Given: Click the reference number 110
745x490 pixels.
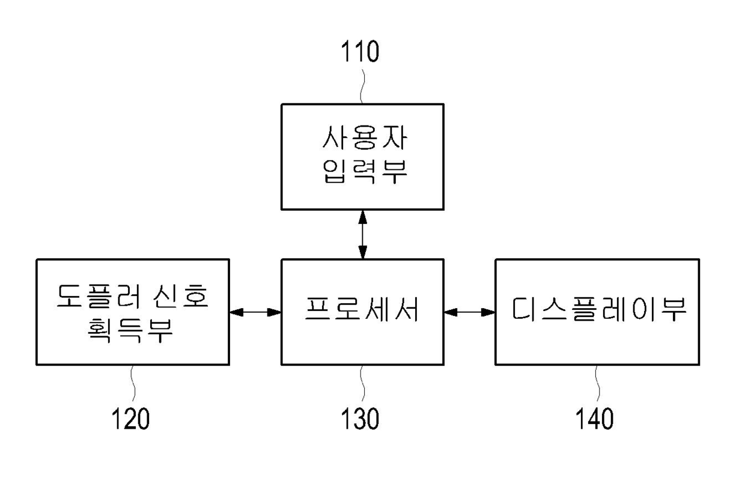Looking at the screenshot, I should point(360,52).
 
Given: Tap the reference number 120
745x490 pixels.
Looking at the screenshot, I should point(130,419).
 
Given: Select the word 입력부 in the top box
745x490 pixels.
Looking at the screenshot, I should point(362,174).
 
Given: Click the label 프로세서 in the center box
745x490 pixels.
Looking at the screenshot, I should point(362,311).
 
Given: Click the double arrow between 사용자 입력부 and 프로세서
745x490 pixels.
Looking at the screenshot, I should point(362,234).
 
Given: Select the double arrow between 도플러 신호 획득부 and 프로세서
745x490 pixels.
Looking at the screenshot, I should point(255,312).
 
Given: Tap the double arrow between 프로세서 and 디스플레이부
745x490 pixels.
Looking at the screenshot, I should point(469,312).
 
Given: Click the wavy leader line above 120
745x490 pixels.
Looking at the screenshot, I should point(132,383).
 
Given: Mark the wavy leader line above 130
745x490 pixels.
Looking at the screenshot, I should point(362,383).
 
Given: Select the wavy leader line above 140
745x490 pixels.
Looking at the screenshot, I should point(597,383).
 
